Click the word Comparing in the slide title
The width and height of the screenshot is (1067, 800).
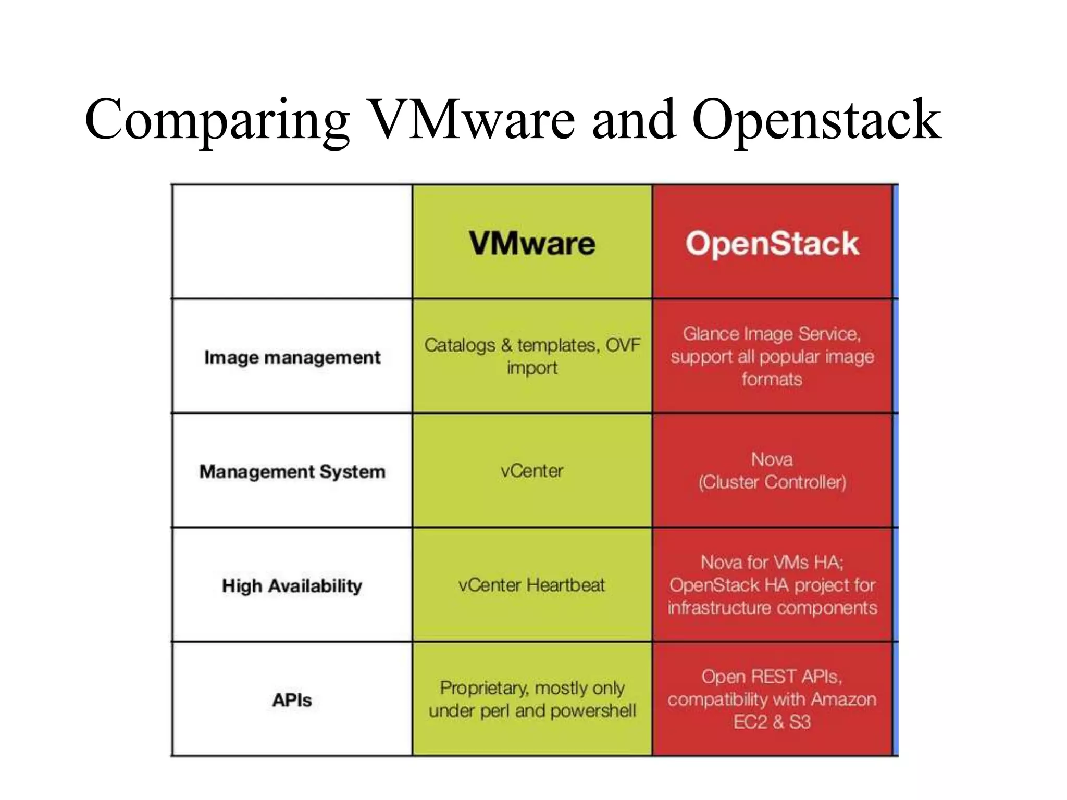(x=217, y=121)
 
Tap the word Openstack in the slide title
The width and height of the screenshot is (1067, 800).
(x=816, y=121)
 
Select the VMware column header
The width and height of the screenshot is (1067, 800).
(x=532, y=243)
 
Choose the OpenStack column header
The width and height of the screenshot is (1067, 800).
(x=772, y=243)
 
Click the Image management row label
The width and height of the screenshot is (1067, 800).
(x=292, y=357)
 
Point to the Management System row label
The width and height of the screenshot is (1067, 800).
(x=292, y=471)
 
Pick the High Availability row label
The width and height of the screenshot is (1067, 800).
(x=292, y=585)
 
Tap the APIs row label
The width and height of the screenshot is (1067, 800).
(x=292, y=700)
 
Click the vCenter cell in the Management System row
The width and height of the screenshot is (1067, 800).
(x=532, y=471)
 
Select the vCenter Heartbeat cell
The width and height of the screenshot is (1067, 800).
(x=532, y=585)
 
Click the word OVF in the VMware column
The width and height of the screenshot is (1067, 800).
(x=623, y=345)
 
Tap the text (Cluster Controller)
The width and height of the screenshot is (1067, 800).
(x=772, y=482)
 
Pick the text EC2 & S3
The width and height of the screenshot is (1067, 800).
(x=772, y=722)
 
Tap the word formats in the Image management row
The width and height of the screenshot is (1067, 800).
(x=772, y=379)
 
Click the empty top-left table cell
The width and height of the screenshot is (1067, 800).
(x=292, y=242)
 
